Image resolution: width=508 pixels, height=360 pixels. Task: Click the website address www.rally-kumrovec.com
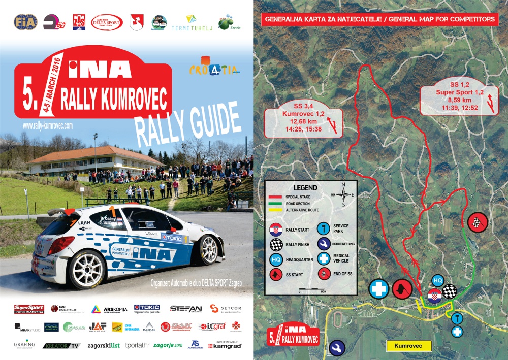tap(48, 124)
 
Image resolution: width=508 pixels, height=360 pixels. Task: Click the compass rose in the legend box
tap(343, 193)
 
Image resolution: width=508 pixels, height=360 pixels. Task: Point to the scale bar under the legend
tap(311, 291)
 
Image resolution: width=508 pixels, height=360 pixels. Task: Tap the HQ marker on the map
tap(438, 280)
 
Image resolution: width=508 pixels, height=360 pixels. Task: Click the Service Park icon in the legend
tap(323, 229)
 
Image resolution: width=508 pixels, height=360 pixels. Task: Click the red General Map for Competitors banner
tap(380, 20)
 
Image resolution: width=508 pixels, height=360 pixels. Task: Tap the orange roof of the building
tap(97, 153)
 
